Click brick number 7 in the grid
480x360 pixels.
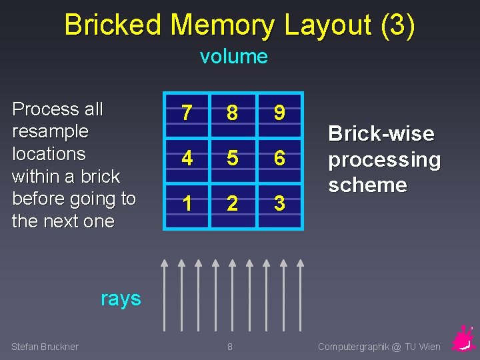pyautogui.click(x=187, y=114)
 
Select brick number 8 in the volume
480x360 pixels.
pyautogui.click(x=232, y=114)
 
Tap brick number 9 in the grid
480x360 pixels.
pyautogui.click(x=279, y=114)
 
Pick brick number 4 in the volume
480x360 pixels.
pyautogui.click(x=187, y=159)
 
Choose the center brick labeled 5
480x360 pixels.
pyautogui.click(x=232, y=159)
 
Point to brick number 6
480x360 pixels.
pyautogui.click(x=279, y=159)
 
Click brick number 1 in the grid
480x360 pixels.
pyautogui.click(x=187, y=203)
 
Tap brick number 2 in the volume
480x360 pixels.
pyautogui.click(x=232, y=203)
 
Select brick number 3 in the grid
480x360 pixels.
pyautogui.click(x=279, y=203)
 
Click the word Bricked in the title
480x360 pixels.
pyautogui.click(x=113, y=25)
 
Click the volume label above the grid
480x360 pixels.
pyautogui.click(x=233, y=57)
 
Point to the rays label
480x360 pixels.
pyautogui.click(x=121, y=298)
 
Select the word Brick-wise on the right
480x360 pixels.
pyautogui.click(x=381, y=134)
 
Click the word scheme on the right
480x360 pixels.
pyautogui.click(x=367, y=185)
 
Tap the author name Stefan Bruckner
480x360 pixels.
pyautogui.click(x=45, y=346)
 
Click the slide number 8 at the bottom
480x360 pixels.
pyautogui.click(x=230, y=346)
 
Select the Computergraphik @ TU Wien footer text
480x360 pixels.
pyautogui.click(x=379, y=346)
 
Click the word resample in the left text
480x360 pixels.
pyautogui.click(x=51, y=131)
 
